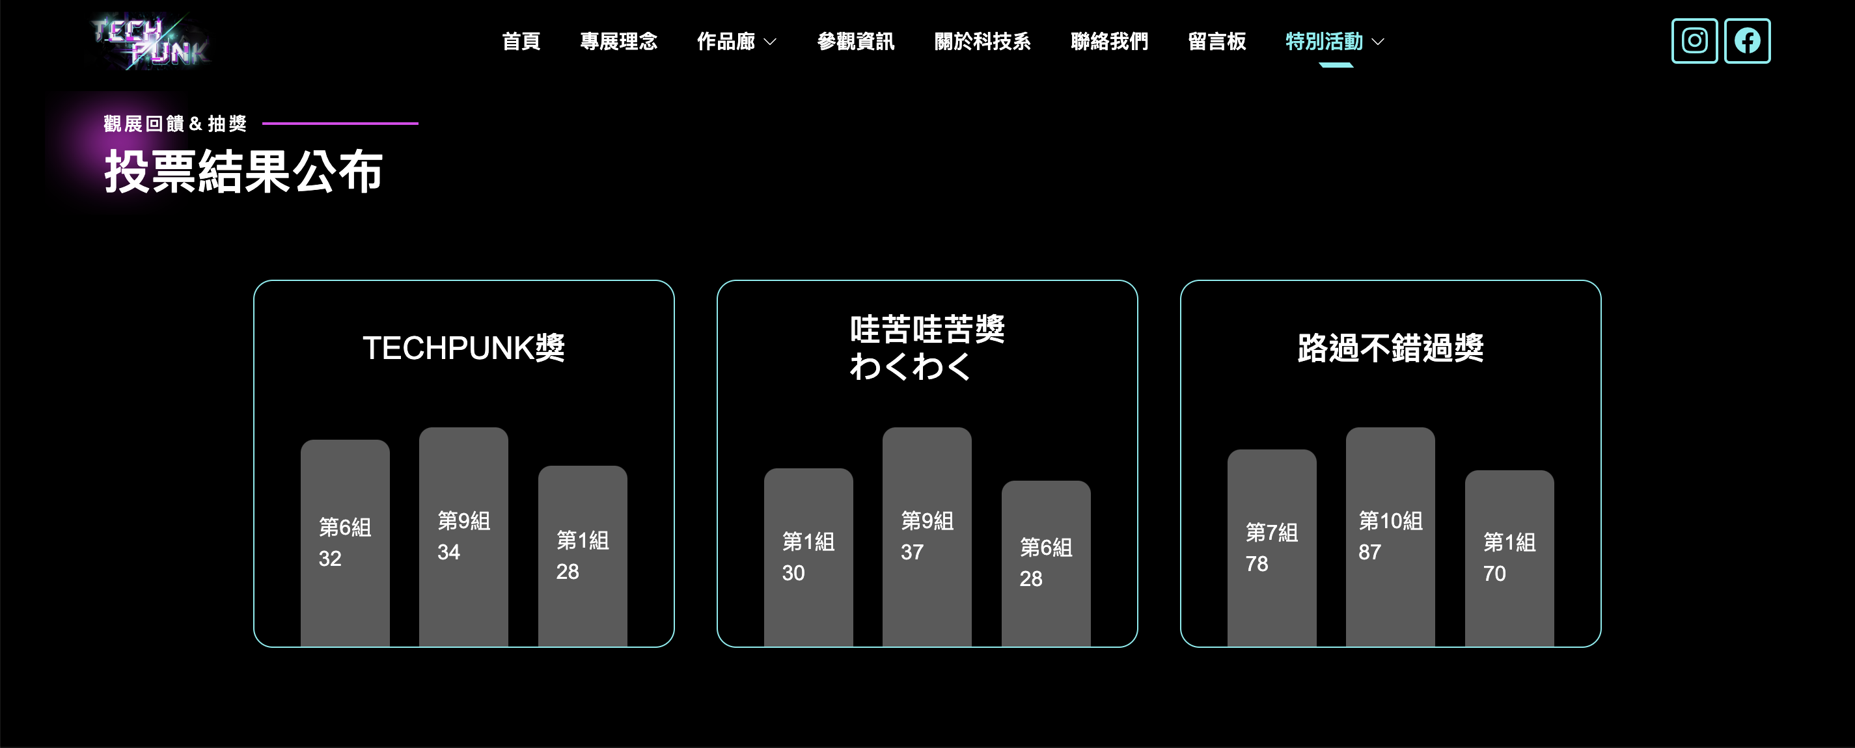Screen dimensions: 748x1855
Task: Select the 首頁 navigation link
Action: pos(521,42)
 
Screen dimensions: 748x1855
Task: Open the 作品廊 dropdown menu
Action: pos(736,42)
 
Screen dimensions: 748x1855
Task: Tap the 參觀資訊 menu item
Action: pos(855,42)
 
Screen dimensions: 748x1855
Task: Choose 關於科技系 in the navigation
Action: pos(982,42)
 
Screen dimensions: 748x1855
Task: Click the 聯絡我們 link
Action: pos(1109,42)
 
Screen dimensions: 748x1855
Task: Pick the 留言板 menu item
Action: pos(1216,42)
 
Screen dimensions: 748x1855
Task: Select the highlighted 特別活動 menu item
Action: pos(1334,42)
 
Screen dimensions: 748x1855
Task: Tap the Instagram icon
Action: pos(1694,41)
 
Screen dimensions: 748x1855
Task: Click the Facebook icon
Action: pos(1747,41)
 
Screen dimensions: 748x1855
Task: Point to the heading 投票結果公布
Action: pos(243,171)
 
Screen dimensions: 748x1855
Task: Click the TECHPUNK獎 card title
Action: pos(463,349)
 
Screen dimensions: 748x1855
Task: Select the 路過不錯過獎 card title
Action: pos(1390,349)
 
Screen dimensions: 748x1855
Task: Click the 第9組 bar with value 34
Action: pos(463,537)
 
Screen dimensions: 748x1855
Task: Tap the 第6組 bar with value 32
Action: pos(345,543)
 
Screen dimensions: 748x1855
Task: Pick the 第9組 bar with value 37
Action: pos(927,537)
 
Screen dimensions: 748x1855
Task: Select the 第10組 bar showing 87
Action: pos(1390,537)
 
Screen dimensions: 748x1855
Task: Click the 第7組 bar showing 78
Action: pos(1272,547)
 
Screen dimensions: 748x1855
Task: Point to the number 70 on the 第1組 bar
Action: pos(1494,574)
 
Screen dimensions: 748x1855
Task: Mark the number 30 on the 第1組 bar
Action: pos(793,573)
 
